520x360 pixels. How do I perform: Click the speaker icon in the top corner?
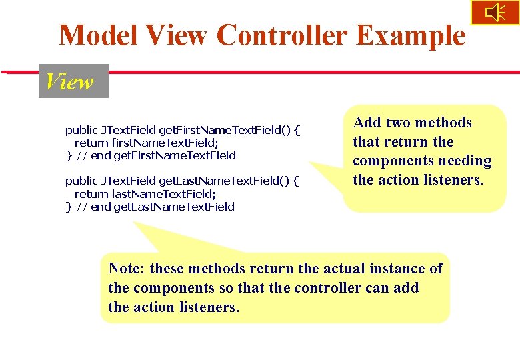click(x=495, y=13)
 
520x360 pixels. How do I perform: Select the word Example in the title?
click(x=411, y=35)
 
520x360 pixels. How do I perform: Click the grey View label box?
click(x=73, y=81)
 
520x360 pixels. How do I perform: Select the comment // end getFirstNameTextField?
click(x=156, y=155)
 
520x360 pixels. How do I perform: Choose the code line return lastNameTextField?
click(x=145, y=193)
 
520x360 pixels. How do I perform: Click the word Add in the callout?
click(x=367, y=123)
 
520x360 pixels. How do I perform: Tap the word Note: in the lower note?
click(x=127, y=269)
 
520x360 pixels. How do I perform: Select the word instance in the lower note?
click(x=393, y=269)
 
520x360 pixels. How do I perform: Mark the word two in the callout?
click(x=399, y=123)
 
